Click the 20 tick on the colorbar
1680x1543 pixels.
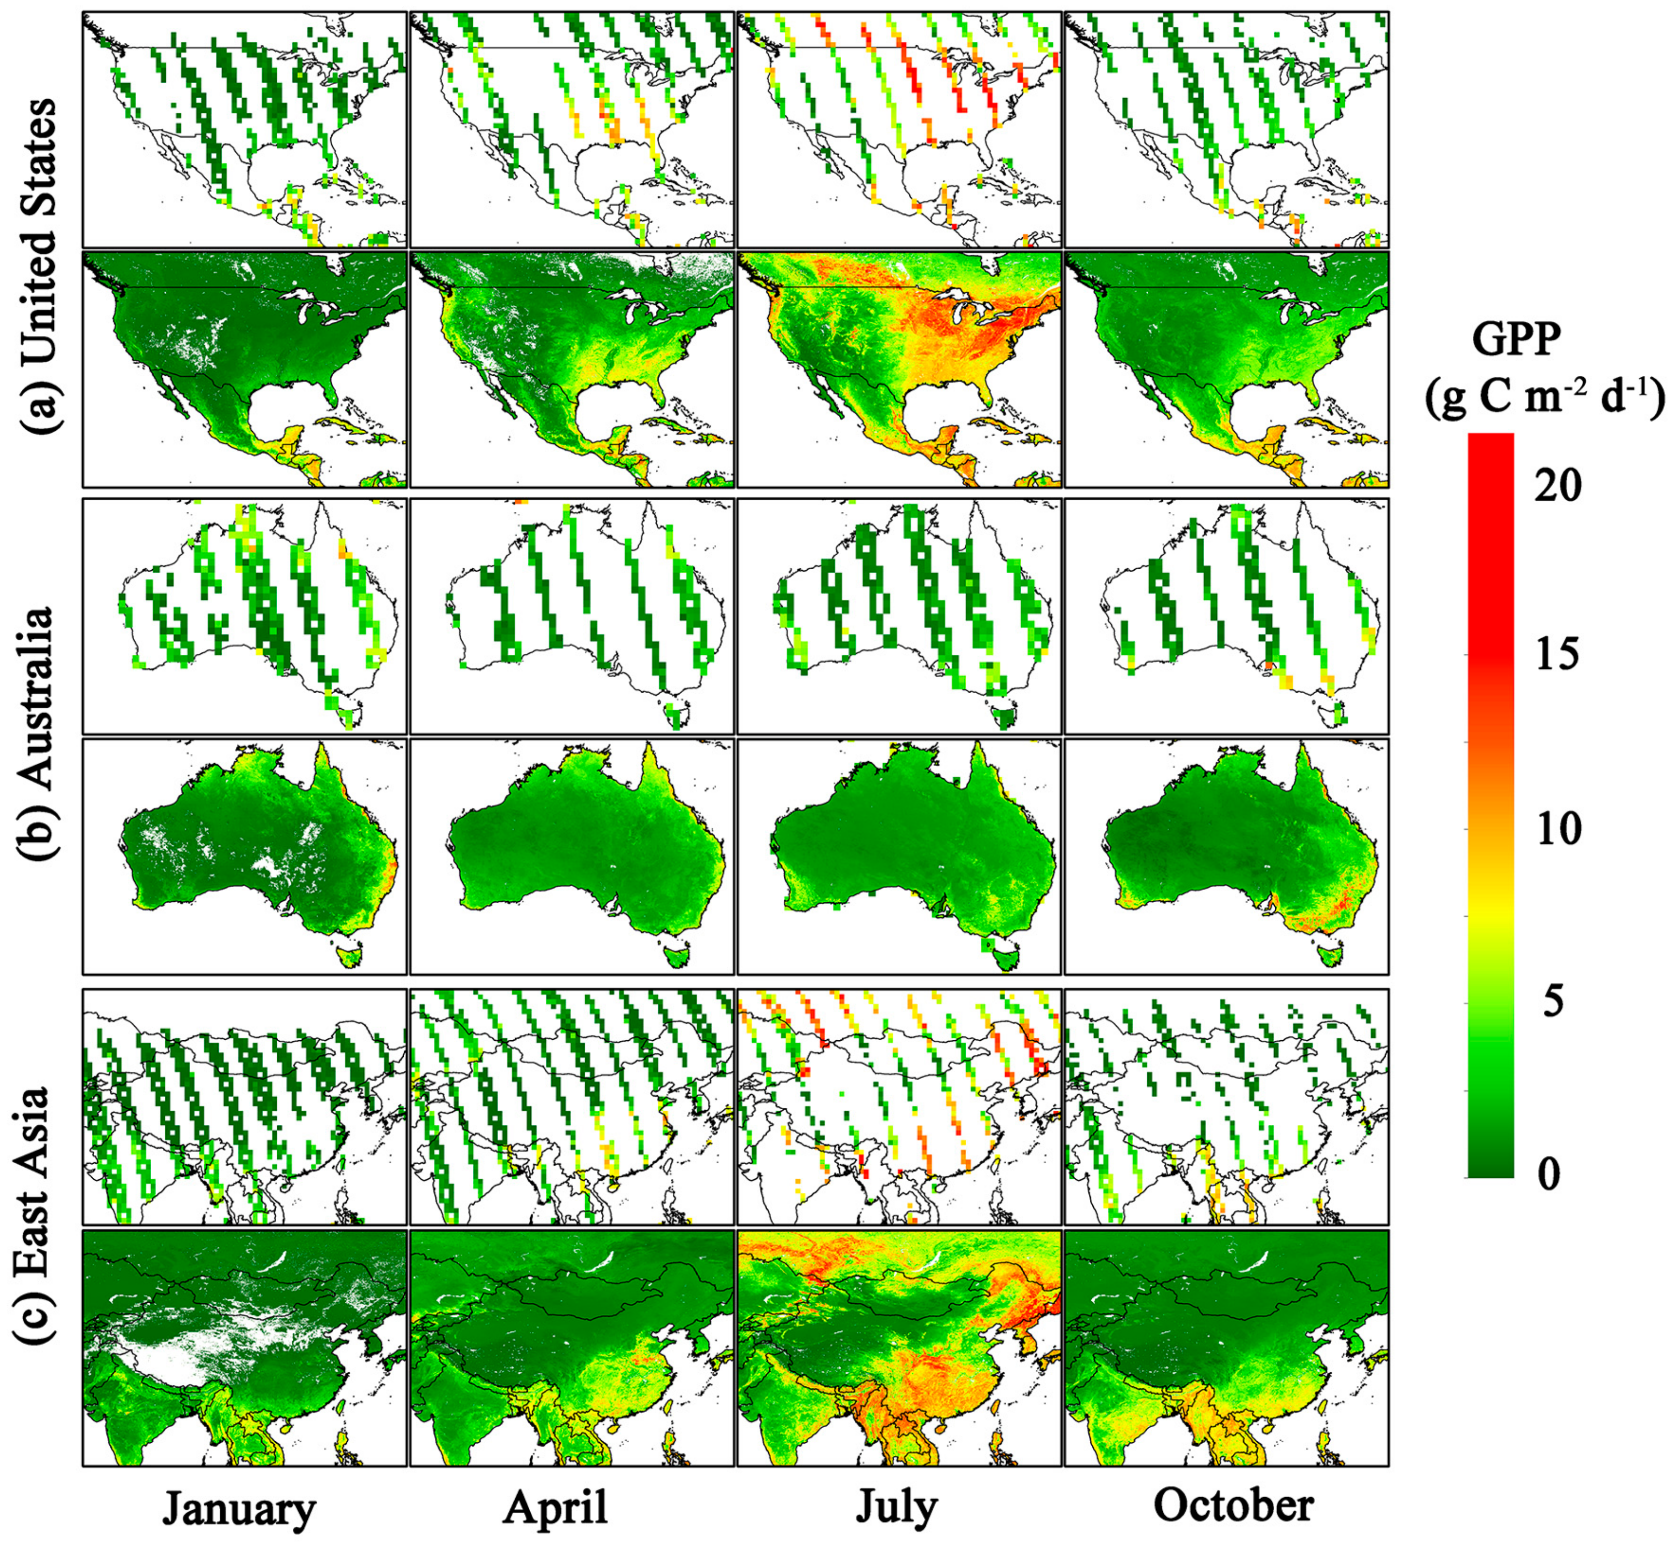click(x=1558, y=486)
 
